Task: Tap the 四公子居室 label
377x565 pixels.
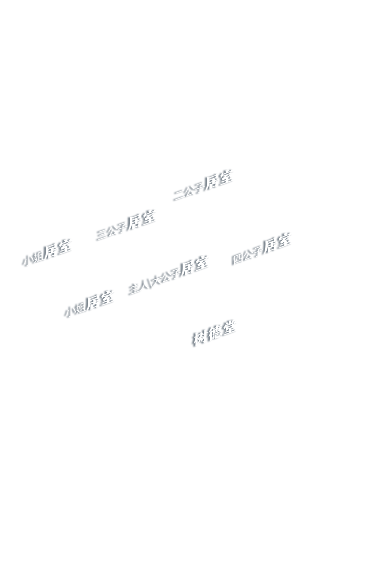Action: pos(262,248)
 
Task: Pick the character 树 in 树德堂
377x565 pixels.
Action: pos(200,338)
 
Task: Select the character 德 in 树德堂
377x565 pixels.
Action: pos(215,333)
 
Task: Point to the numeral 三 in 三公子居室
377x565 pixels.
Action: pos(103,234)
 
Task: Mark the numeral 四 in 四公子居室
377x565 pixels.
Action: pos(238,258)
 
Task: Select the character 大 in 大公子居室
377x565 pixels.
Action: pos(157,280)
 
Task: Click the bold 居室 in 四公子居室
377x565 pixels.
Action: pos(278,243)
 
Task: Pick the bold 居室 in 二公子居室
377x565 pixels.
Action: pos(219,180)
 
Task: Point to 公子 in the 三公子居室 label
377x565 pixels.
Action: pos(118,229)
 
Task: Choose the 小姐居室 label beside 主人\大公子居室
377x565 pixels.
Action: pos(90,304)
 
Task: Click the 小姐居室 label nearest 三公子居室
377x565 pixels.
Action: pos(47,252)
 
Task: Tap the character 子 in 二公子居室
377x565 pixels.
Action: pos(199,188)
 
